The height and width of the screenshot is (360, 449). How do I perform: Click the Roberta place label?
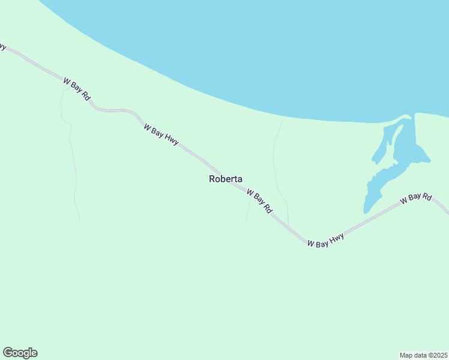point(226,179)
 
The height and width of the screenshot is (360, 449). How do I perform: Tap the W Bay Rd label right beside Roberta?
point(259,201)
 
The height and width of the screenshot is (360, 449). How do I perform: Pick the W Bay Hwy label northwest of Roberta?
point(161,134)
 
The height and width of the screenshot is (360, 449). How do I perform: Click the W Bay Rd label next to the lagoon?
point(416,199)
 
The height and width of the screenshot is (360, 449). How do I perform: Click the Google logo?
point(20,353)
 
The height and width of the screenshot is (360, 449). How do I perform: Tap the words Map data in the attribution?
point(412,355)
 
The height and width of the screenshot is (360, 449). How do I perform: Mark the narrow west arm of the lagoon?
point(381,145)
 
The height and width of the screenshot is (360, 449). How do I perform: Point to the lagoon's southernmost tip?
point(366,210)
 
